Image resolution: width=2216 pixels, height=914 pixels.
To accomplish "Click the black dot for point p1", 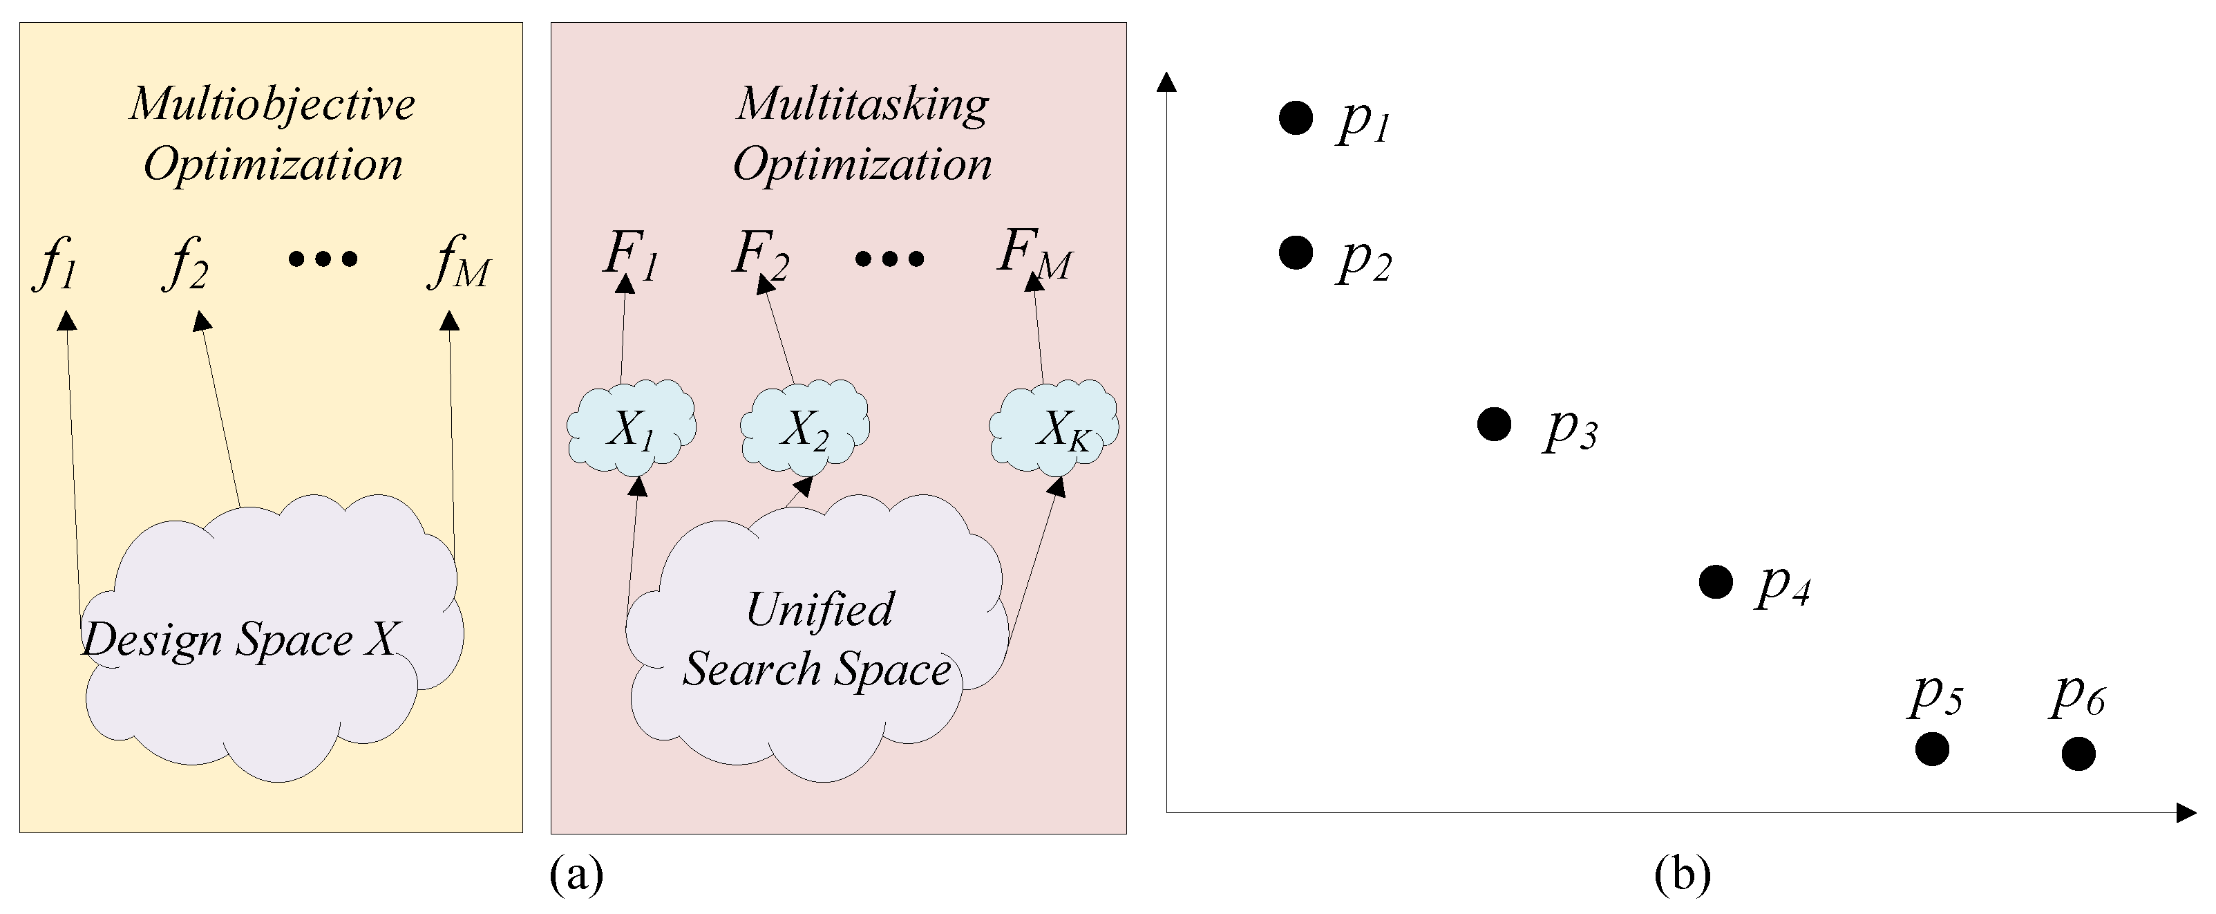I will pos(1296,118).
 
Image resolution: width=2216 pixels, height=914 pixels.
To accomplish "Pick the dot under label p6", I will pos(2078,754).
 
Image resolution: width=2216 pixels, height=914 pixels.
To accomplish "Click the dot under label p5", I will pos(1932,749).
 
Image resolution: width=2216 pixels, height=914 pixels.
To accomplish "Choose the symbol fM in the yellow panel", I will pos(457,263).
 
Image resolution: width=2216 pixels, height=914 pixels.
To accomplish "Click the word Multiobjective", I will pos(273,104).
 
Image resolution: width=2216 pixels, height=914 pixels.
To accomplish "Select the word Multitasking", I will pos(863,104).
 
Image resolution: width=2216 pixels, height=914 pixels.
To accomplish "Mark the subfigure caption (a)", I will pos(576,875).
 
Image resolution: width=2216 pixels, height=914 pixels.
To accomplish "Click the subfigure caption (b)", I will pos(1682,875).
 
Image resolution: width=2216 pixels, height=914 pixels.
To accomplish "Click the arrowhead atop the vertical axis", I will pos(1166,82).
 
